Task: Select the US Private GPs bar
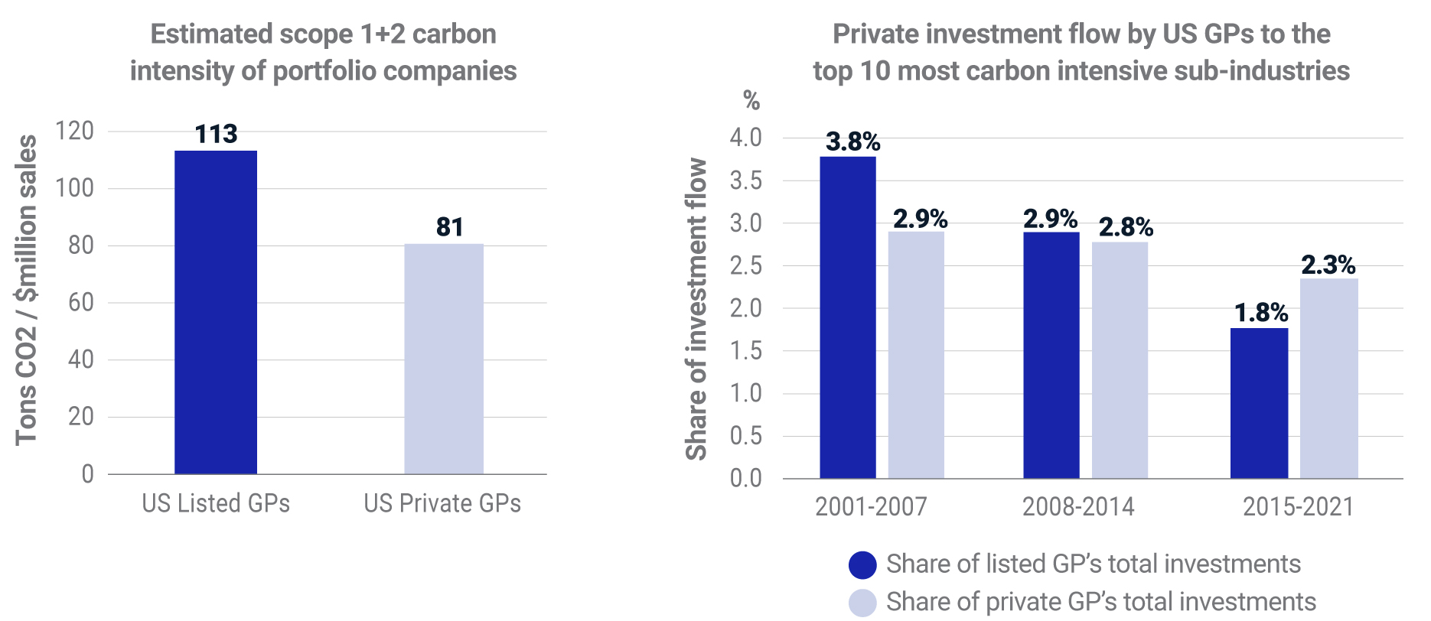click(x=444, y=359)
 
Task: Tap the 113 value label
click(x=216, y=135)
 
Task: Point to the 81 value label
click(x=450, y=227)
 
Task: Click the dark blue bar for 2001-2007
click(x=848, y=317)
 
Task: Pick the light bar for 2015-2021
click(x=1328, y=379)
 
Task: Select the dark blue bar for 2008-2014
click(x=1051, y=355)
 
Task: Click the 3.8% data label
click(x=852, y=141)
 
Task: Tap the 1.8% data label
click(x=1261, y=313)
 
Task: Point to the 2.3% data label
click(x=1328, y=265)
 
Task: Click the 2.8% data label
click(x=1126, y=227)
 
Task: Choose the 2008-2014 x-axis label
click(x=1078, y=506)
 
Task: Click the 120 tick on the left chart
click(x=75, y=131)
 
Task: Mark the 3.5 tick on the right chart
click(x=745, y=180)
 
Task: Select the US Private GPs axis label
click(x=442, y=503)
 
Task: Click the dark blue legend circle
click(x=862, y=565)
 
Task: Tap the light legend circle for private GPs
click(x=862, y=603)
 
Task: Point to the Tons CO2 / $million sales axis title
click(x=26, y=290)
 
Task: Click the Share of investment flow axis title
click(x=696, y=309)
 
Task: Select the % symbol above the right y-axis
click(x=751, y=100)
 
